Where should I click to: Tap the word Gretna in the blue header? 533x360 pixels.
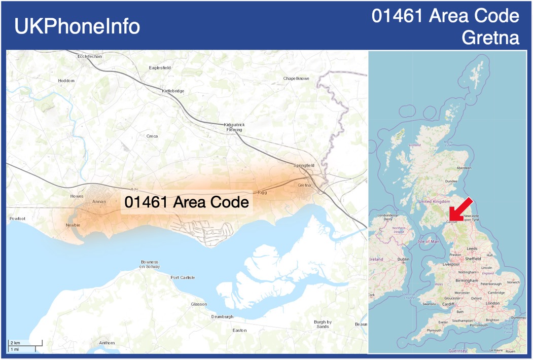pyautogui.click(x=491, y=38)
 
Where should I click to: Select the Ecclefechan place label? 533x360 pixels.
pyautogui.click(x=90, y=56)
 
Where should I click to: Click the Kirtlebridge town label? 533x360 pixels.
pyautogui.click(x=173, y=91)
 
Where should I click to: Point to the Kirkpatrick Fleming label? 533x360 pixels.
pyautogui.click(x=234, y=127)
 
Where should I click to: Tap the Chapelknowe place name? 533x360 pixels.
pyautogui.click(x=296, y=79)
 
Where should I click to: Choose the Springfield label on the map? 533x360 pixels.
pyautogui.click(x=304, y=165)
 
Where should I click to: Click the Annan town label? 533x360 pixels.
pyautogui.click(x=99, y=202)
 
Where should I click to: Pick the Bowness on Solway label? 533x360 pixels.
pyautogui.click(x=150, y=264)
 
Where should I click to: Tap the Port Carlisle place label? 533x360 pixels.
pyautogui.click(x=183, y=277)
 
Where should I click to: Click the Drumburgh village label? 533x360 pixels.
pyautogui.click(x=222, y=317)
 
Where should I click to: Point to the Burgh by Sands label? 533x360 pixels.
pyautogui.click(x=323, y=324)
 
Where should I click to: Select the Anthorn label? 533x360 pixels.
pyautogui.click(x=107, y=343)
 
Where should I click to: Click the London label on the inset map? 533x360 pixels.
pyautogui.click(x=493, y=303)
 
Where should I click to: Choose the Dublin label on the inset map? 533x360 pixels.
pyautogui.click(x=404, y=259)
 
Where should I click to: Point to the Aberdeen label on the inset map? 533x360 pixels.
pyautogui.click(x=464, y=168)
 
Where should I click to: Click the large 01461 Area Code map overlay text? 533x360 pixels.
pyautogui.click(x=187, y=202)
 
